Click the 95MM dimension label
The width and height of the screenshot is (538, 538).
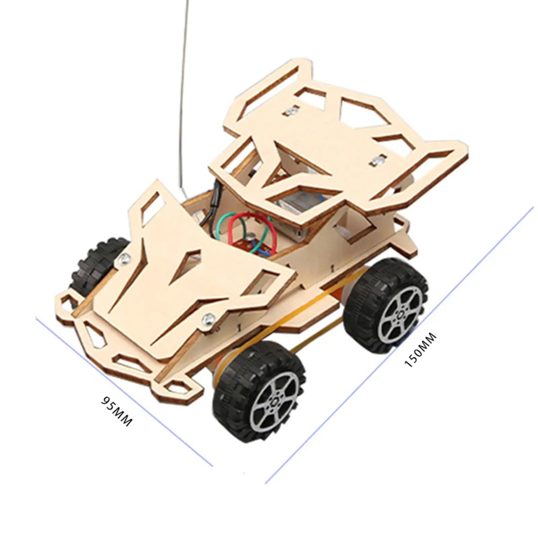[117, 412]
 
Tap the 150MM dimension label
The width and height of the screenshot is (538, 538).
[420, 350]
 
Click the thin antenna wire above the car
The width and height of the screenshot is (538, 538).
[184, 98]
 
